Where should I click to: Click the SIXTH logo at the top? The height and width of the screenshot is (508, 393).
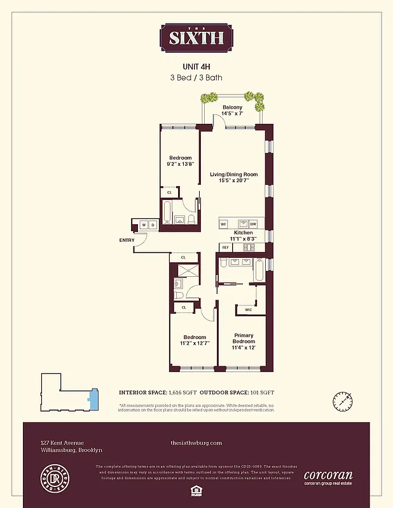(196, 37)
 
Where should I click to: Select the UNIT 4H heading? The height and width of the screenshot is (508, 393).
(196, 66)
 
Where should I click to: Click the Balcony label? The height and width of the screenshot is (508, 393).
(232, 107)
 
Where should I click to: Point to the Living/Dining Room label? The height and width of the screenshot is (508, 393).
(234, 174)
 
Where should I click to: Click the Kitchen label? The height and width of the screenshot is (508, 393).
(244, 233)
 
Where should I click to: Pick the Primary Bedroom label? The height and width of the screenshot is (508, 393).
(244, 338)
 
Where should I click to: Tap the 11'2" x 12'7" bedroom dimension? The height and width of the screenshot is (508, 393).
(195, 344)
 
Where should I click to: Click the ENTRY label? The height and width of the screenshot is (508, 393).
(127, 240)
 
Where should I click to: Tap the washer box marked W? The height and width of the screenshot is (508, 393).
(144, 225)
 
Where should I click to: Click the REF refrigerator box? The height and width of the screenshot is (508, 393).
(225, 247)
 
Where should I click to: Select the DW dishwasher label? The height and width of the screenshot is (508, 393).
(253, 224)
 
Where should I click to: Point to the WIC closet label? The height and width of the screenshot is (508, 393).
(247, 310)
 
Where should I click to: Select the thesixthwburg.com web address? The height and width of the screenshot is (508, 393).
(197, 443)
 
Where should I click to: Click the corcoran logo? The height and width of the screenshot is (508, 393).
(328, 475)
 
